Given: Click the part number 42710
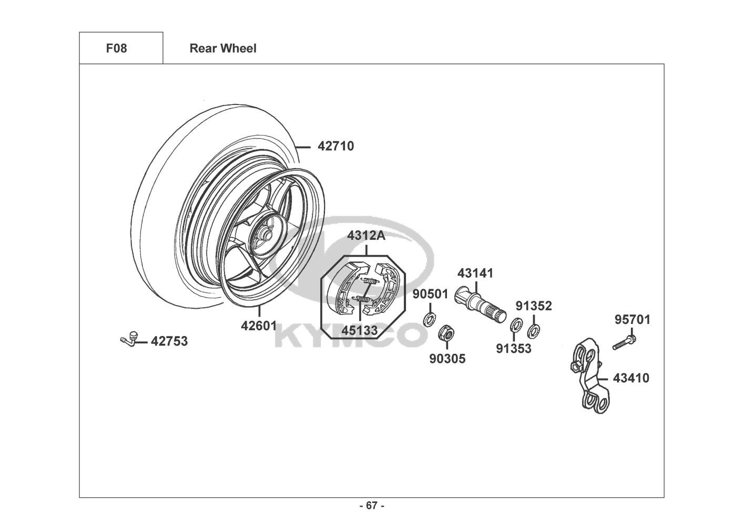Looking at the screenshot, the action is (336, 146).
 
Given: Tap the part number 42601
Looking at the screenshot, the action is (259, 326).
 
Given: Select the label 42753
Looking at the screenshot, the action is (169, 341).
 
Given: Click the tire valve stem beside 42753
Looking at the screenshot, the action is (129, 339).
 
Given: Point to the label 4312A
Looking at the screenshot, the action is (366, 236).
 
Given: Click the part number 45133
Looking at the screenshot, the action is (360, 330).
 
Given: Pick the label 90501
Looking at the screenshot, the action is (431, 294).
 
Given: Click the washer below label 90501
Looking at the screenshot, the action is (430, 319).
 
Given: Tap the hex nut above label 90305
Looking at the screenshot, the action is (446, 333).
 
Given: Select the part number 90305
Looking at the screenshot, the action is (447, 359).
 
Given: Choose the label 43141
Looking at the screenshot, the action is (475, 274).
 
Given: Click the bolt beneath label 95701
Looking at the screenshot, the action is (624, 343).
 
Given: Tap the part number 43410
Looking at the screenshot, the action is (631, 379).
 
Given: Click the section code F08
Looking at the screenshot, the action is (117, 48).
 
